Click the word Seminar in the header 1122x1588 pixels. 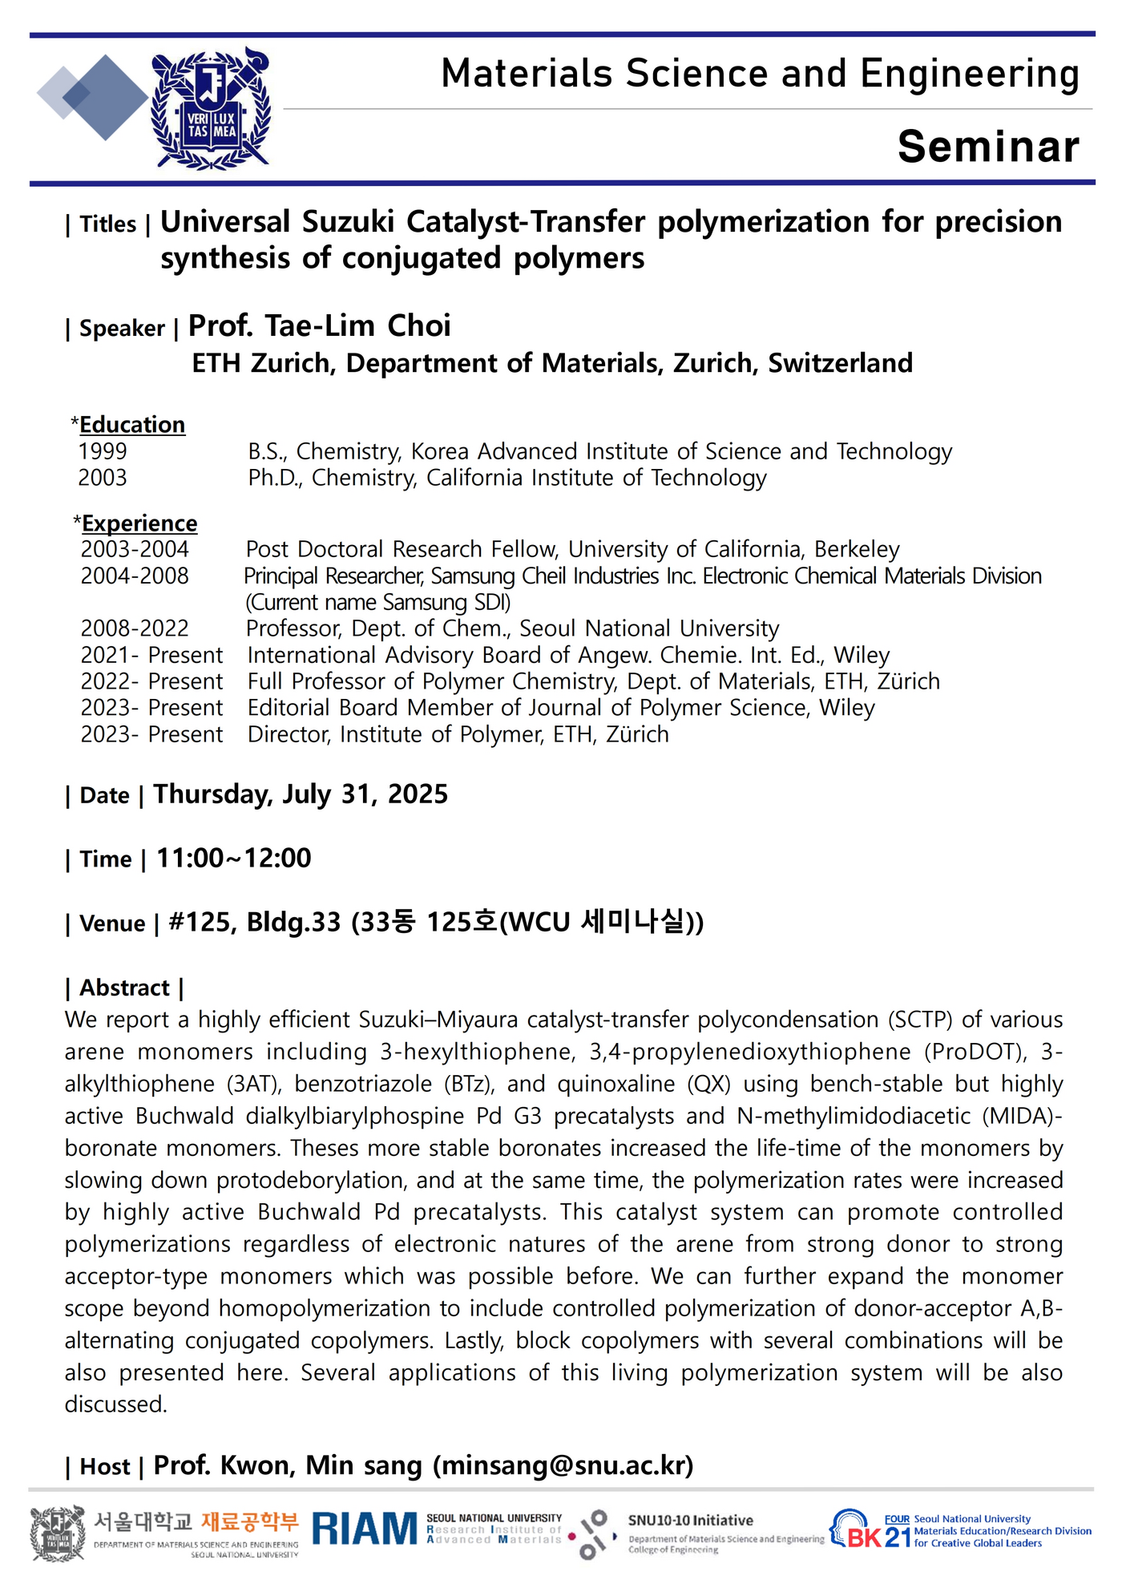(x=988, y=147)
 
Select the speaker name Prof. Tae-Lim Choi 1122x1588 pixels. (x=319, y=326)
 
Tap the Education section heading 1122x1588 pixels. (x=132, y=425)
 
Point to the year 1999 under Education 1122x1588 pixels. (x=103, y=452)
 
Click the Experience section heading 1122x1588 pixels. (x=139, y=523)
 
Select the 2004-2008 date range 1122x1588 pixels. (x=135, y=576)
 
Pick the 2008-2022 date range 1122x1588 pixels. (x=135, y=628)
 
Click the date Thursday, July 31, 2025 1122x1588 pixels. (x=301, y=794)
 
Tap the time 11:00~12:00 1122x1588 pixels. (x=233, y=859)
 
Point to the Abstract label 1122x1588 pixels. (x=124, y=988)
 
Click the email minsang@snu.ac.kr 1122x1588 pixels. (x=563, y=1466)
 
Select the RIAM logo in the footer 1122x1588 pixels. (x=365, y=1529)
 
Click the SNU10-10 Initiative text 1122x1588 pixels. (x=690, y=1521)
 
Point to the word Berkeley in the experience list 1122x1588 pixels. (x=857, y=550)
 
